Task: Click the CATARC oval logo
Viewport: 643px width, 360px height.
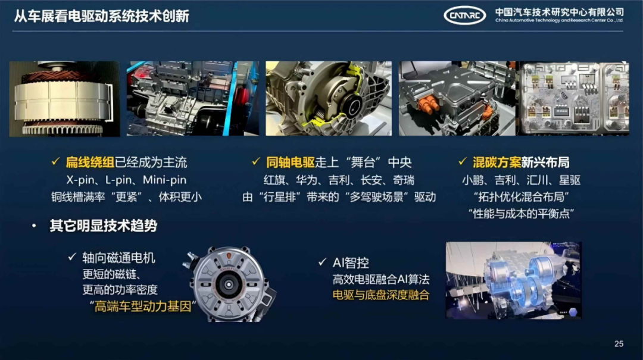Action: pyautogui.click(x=464, y=15)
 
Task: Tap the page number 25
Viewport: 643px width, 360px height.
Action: pyautogui.click(x=619, y=343)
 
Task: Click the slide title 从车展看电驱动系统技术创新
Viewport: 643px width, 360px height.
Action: pyautogui.click(x=102, y=17)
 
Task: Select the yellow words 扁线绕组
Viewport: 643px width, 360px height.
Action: pyautogui.click(x=90, y=162)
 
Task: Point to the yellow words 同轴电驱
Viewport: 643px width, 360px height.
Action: pyautogui.click(x=291, y=162)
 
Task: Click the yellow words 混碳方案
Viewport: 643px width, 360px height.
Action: pyautogui.click(x=497, y=162)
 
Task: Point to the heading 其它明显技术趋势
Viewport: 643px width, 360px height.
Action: pyautogui.click(x=104, y=226)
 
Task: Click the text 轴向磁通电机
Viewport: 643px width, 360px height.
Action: pyautogui.click(x=119, y=258)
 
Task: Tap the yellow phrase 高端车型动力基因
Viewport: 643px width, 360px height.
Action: pyautogui.click(x=143, y=306)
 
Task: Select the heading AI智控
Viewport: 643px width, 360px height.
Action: pyautogui.click(x=351, y=262)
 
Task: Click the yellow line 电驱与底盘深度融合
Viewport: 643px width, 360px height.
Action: pyautogui.click(x=381, y=295)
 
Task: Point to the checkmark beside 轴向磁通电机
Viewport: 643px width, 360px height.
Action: pyautogui.click(x=72, y=257)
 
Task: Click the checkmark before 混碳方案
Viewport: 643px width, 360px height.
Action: pyautogui.click(x=462, y=161)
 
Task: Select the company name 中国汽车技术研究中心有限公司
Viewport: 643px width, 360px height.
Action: pyautogui.click(x=559, y=12)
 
